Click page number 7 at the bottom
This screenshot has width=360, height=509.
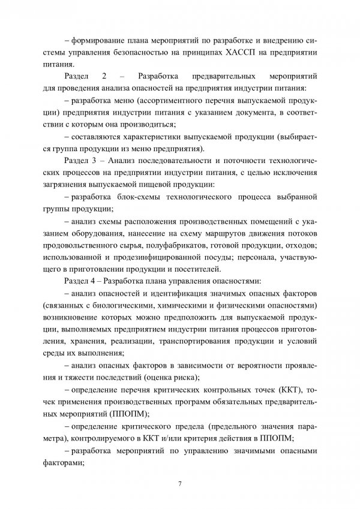click(x=180, y=483)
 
